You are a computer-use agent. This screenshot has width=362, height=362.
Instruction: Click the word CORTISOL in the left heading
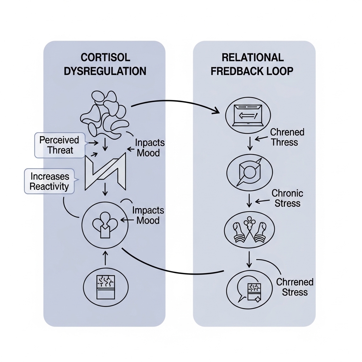pos(105,57)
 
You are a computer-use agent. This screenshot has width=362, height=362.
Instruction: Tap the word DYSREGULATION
pos(105,71)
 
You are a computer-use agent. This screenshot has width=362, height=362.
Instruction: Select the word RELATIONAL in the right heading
pos(252,57)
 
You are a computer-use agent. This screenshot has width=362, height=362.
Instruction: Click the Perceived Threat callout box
pos(59,145)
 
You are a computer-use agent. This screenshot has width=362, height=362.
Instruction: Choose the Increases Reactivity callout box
pos(49,181)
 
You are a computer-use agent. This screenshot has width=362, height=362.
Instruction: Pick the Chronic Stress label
pos(287,198)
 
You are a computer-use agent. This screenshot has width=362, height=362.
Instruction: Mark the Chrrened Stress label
pos(294,287)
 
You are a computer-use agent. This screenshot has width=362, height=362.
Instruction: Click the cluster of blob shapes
pos(104,115)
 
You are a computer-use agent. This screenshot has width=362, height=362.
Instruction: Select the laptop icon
pos(247,115)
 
